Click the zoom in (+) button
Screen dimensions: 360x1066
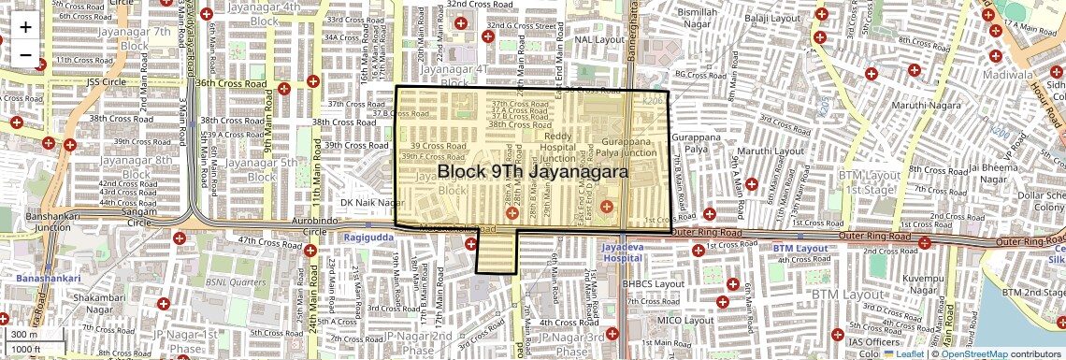25,27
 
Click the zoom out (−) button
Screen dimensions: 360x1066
25,55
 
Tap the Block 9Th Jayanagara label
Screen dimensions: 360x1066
532,172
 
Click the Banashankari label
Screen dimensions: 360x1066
48,278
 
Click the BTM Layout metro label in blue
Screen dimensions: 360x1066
800,248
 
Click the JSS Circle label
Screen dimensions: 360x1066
106,82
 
